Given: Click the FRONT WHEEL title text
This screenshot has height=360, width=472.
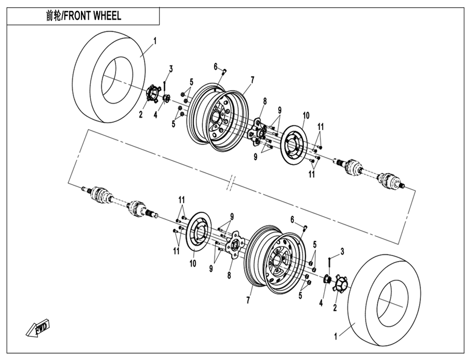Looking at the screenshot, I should [x=84, y=16].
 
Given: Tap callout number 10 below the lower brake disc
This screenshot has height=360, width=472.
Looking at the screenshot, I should [x=193, y=263].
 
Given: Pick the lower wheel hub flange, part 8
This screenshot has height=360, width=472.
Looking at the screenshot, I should [x=234, y=247].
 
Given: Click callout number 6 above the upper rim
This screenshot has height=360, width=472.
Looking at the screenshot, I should [x=216, y=66].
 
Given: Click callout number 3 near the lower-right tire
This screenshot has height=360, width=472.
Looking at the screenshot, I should [x=342, y=251].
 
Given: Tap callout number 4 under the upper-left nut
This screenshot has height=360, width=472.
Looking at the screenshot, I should [x=156, y=115].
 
